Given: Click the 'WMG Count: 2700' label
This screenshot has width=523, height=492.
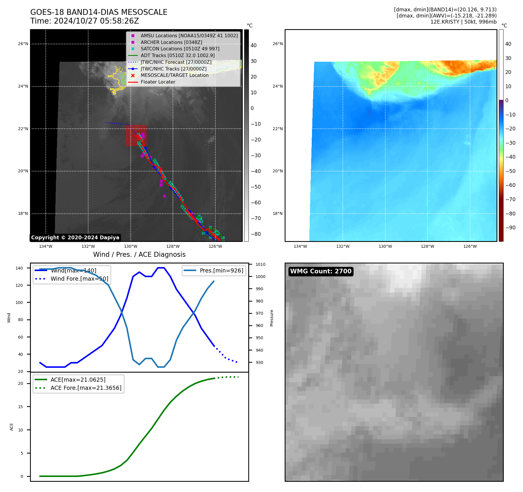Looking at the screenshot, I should (321, 271).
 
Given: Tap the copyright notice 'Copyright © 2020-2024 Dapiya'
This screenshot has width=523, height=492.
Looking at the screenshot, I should (75, 238).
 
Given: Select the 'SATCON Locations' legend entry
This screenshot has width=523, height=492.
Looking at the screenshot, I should (180, 49).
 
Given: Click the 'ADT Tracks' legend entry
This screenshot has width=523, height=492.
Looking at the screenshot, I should (178, 55).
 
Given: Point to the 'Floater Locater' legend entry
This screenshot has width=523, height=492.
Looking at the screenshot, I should (158, 82).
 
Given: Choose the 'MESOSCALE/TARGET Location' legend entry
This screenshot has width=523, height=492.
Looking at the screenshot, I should (174, 75).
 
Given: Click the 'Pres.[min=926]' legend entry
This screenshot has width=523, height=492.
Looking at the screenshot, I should (221, 270).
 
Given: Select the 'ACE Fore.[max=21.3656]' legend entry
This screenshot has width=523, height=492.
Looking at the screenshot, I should (86, 388).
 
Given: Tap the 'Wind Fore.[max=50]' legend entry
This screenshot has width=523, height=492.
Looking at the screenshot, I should (79, 279).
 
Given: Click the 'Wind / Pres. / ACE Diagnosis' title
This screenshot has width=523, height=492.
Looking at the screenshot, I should (139, 254).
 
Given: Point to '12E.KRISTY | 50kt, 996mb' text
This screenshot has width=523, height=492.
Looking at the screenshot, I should (463, 22).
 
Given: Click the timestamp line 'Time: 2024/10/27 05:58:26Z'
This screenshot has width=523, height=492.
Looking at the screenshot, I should (84, 21).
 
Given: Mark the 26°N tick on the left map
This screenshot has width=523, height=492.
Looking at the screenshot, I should (23, 44).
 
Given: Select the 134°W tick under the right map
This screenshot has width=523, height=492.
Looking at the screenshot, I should (300, 247).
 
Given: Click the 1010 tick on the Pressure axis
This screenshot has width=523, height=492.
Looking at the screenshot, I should (260, 264).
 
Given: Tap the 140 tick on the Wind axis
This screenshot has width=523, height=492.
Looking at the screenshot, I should (19, 268).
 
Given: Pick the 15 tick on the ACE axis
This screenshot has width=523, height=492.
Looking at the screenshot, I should (20, 407).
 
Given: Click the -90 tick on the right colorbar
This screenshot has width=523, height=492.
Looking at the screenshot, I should (510, 228).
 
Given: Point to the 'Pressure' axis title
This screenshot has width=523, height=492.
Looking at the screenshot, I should (272, 318).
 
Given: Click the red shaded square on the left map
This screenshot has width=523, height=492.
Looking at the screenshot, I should (136, 135).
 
